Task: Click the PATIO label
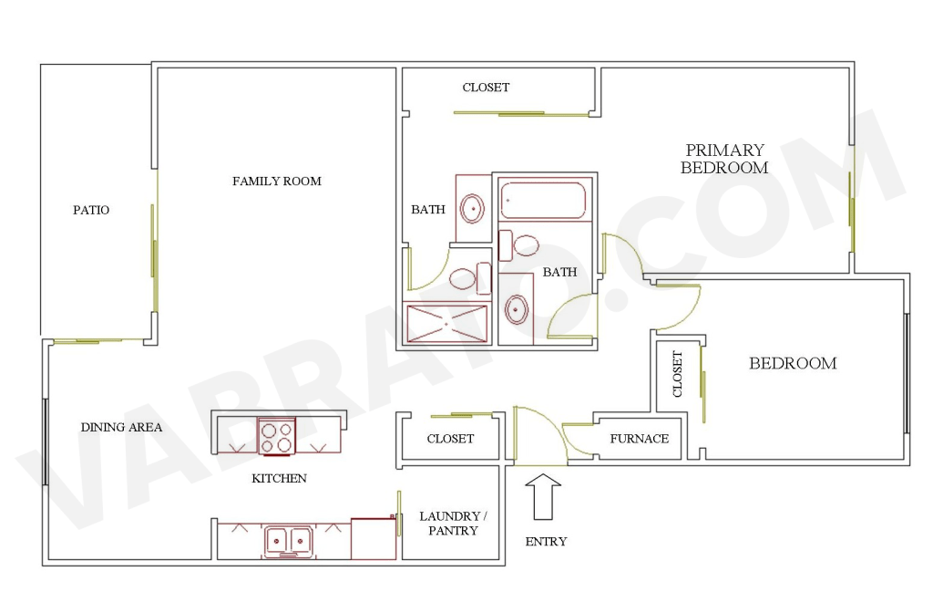coord(91,210)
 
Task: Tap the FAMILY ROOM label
coord(277,181)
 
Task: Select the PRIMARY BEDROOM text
coord(724,159)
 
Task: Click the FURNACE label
coord(639,439)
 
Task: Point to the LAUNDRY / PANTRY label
coord(453,524)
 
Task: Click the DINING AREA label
coord(121,427)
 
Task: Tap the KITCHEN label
coord(279,478)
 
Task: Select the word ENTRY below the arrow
coord(546,542)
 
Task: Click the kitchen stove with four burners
coord(277,436)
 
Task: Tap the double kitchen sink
coord(288,542)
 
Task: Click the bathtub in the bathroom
coord(543,201)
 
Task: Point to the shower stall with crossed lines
coord(446,324)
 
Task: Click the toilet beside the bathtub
coord(518,245)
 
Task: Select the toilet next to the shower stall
coord(469,278)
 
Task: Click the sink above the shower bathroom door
coord(471,209)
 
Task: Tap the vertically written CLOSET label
coord(677,374)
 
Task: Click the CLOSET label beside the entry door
coord(450,439)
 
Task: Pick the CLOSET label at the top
coord(487,88)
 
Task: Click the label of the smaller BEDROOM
coord(793,363)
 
